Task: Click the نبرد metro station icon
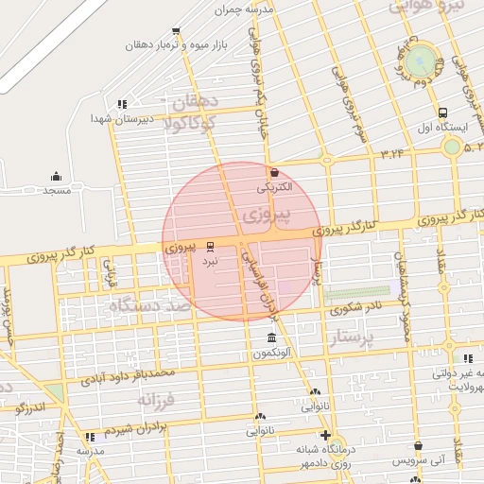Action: [x=210, y=245]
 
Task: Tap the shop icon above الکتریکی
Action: [x=274, y=172]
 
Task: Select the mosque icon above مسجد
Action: [x=56, y=176]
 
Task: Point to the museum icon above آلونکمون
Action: [x=271, y=338]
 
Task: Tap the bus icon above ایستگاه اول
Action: [x=444, y=112]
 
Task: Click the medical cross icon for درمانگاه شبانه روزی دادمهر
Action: [x=326, y=436]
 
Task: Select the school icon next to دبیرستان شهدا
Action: [x=121, y=104]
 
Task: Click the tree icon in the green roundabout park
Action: [x=440, y=63]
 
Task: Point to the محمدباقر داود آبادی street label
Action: [x=127, y=376]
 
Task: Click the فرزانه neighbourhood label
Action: [x=157, y=402]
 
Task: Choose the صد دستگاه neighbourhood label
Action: [x=149, y=306]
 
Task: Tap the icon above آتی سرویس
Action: [x=417, y=445]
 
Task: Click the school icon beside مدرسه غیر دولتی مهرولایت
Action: [x=468, y=358]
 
